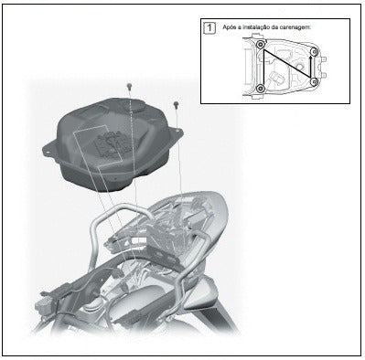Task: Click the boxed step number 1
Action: [209, 27]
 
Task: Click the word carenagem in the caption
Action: [296, 27]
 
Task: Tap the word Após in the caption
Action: [229, 27]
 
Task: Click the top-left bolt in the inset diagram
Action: [260, 45]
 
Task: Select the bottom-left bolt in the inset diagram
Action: [260, 89]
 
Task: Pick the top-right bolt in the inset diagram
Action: [314, 51]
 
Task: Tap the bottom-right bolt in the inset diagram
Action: [314, 81]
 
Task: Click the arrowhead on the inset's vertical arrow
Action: [311, 58]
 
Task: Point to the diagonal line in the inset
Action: [286, 63]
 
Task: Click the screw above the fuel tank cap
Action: [129, 86]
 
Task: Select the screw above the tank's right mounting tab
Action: [176, 105]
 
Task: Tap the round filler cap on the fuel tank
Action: [134, 106]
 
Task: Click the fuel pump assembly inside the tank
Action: [112, 143]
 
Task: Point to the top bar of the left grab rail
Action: [130, 208]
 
